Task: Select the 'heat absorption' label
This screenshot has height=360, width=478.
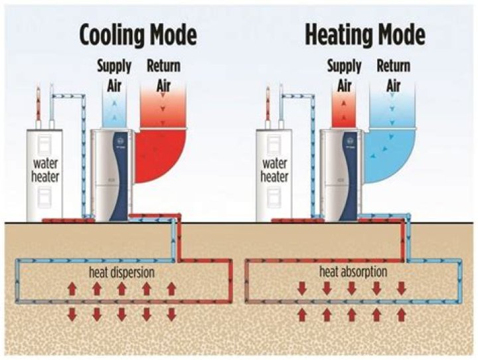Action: [x=353, y=272]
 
